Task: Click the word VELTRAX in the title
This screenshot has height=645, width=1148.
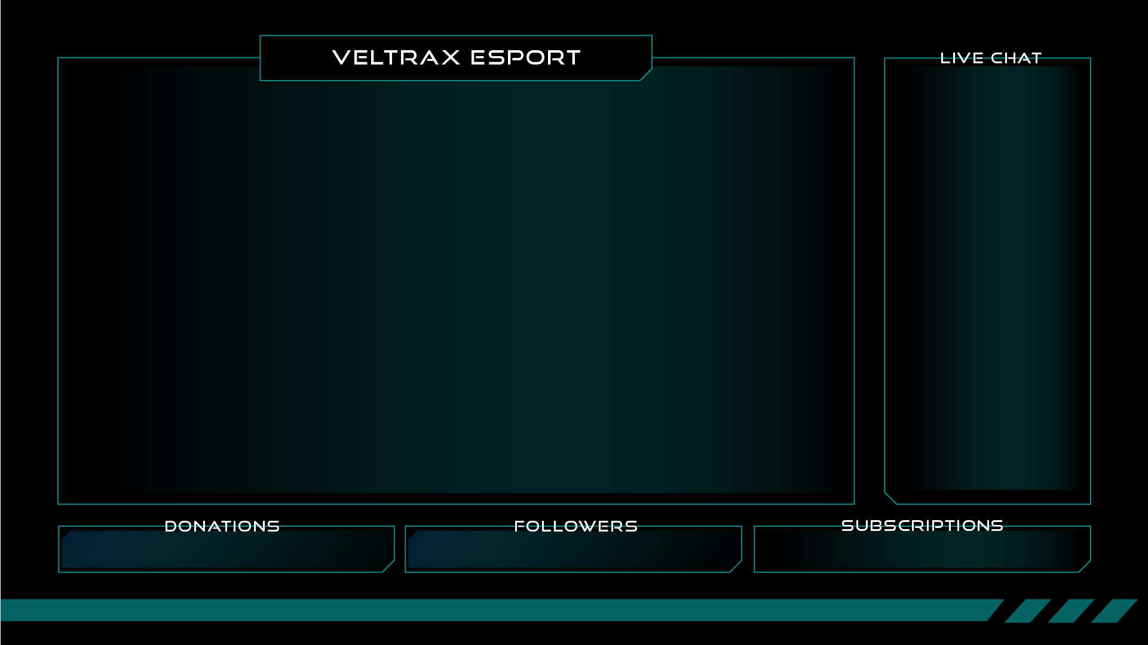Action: pyautogui.click(x=396, y=57)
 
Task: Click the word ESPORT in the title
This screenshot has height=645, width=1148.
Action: pyautogui.click(x=525, y=57)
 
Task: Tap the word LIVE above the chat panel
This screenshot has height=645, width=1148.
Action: pyautogui.click(x=962, y=58)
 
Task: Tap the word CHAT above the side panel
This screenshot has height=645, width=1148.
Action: pyautogui.click(x=1016, y=58)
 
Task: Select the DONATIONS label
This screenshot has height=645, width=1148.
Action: pyautogui.click(x=222, y=526)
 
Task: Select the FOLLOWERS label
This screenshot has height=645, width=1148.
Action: pyautogui.click(x=575, y=526)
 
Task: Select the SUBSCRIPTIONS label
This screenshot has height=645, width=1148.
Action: pyautogui.click(x=922, y=526)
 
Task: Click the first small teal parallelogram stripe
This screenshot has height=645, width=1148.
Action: pyautogui.click(x=1027, y=610)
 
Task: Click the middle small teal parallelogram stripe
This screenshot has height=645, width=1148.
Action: pyautogui.click(x=1071, y=610)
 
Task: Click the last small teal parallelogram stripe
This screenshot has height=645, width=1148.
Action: pyautogui.click(x=1114, y=610)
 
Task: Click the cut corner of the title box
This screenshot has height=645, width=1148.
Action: pyautogui.click(x=646, y=75)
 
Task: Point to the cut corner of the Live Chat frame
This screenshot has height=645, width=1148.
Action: pyautogui.click(x=890, y=498)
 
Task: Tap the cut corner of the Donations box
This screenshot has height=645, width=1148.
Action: pyautogui.click(x=388, y=566)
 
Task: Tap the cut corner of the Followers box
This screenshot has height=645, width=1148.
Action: pyautogui.click(x=736, y=566)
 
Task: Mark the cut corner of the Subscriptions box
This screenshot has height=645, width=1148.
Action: pyautogui.click(x=1085, y=566)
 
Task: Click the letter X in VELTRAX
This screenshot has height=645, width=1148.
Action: pyautogui.click(x=451, y=57)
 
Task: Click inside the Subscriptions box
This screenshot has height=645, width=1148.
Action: pyautogui.click(x=922, y=552)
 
